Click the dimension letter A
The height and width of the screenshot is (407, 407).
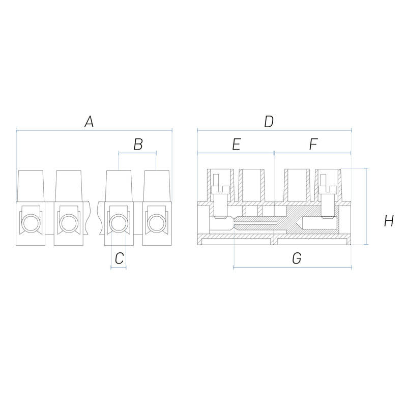click(89, 122)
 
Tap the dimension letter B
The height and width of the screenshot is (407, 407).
click(138, 144)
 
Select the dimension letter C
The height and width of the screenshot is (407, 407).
click(120, 258)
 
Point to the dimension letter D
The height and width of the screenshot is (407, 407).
click(269, 122)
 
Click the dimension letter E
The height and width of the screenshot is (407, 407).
click(237, 144)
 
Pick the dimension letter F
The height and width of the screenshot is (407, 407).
click(313, 144)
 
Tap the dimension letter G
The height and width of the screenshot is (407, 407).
click(297, 258)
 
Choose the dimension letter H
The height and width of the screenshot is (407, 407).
click(389, 221)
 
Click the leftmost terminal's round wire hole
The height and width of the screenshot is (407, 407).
click(31, 223)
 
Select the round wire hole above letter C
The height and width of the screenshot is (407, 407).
click(119, 223)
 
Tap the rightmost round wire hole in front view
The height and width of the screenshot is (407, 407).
click(157, 223)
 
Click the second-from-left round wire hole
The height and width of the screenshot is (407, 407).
click(69, 223)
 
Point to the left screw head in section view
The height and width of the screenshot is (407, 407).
click(220, 190)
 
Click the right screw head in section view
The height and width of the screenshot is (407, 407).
click(328, 190)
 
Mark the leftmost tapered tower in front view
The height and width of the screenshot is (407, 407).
click(31, 186)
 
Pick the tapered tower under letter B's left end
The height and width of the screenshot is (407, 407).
click(119, 186)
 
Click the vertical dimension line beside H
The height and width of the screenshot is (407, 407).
click(366, 206)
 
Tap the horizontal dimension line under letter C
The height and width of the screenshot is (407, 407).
click(119, 268)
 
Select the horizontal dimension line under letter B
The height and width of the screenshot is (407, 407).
click(137, 153)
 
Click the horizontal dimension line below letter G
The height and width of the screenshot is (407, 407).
click(293, 267)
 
